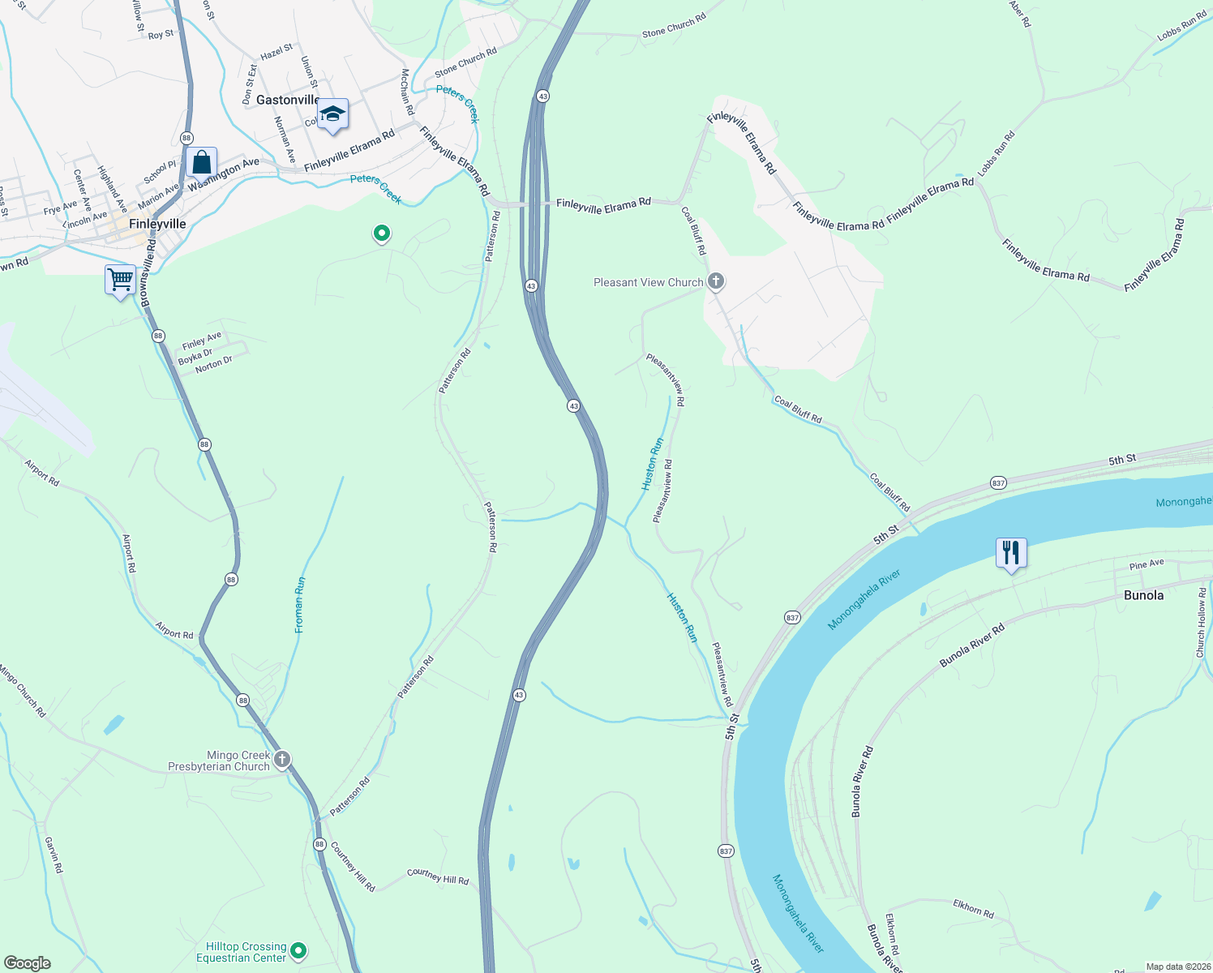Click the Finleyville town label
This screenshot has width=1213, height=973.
pos(157,224)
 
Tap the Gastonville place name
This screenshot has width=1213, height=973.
pos(288,100)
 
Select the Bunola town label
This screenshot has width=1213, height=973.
pos(1143,595)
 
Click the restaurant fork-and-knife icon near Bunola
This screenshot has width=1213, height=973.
pos(1011,554)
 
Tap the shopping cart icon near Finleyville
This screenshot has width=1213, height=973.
pos(121,281)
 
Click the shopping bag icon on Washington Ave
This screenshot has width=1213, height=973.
pos(201,162)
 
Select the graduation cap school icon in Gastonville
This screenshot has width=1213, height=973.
pos(332,114)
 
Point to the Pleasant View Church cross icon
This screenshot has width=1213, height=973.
pos(715,281)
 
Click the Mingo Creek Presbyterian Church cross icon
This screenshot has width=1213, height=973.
pos(281,760)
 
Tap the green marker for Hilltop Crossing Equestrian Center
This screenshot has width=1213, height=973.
pos(298,950)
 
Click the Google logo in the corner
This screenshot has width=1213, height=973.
pos(28,963)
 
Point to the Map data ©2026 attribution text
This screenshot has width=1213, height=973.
pos(1177,967)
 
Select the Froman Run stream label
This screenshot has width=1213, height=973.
pos(300,605)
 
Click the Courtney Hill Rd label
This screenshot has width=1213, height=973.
pos(438,877)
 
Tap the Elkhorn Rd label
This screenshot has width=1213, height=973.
pos(973,907)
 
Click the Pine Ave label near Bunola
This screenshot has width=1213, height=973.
pos(1147,564)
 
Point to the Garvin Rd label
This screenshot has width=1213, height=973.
pos(54,855)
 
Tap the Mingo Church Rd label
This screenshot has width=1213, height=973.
pos(24,691)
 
